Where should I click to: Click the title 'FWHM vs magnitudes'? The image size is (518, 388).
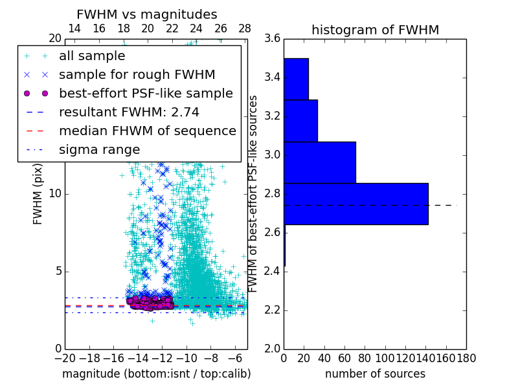(x=147, y=14)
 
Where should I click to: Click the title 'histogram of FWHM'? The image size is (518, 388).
(x=375, y=30)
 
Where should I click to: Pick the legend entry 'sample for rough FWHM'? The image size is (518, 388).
(x=137, y=74)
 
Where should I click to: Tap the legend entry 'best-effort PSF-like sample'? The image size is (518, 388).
(x=146, y=93)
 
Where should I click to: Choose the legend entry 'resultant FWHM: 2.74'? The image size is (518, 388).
(x=129, y=112)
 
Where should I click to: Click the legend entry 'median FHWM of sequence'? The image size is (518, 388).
(x=147, y=131)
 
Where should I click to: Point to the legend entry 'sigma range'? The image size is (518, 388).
(x=99, y=149)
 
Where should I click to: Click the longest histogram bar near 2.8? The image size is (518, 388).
(x=356, y=204)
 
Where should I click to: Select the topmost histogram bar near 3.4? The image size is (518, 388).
(x=296, y=79)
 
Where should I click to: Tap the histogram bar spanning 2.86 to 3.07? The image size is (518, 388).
(x=320, y=162)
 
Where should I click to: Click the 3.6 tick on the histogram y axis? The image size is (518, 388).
(x=273, y=39)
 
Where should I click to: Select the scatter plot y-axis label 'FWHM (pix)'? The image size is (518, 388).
(x=38, y=194)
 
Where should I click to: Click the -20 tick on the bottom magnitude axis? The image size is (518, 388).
(x=65, y=358)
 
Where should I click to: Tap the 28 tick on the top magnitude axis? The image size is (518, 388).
(x=245, y=28)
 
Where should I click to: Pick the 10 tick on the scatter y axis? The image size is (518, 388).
(x=54, y=194)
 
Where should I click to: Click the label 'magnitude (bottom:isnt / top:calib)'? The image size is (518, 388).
(x=156, y=374)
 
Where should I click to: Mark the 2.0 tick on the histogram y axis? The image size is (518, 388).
(x=273, y=349)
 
